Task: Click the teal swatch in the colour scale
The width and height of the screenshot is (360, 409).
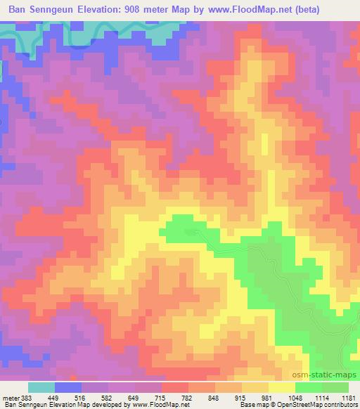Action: pos(41,387)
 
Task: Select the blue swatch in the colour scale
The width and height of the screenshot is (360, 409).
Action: pos(68,387)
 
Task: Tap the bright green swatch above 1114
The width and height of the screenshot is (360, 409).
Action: pos(309,387)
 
